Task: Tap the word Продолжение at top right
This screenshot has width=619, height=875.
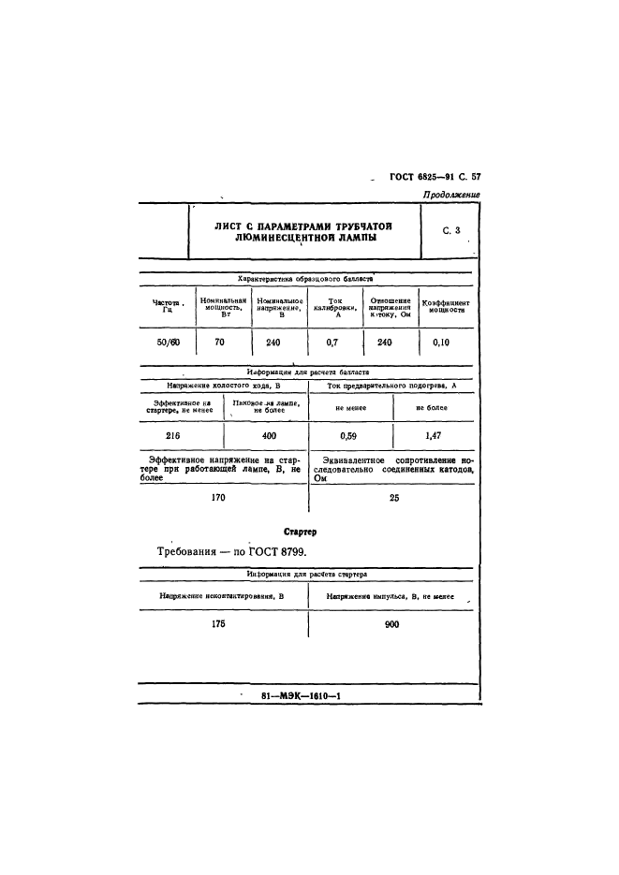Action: (x=450, y=195)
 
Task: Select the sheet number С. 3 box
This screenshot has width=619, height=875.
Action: (x=451, y=230)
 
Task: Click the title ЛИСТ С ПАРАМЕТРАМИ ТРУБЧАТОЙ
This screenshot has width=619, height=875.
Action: (x=302, y=226)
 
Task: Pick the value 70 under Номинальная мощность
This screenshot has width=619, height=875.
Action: (x=220, y=343)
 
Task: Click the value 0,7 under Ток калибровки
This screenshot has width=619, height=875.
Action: (x=332, y=343)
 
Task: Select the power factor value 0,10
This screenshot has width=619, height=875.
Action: (x=442, y=343)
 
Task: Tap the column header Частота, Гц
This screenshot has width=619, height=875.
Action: (x=168, y=306)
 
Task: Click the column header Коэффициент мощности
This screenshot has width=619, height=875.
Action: (x=446, y=306)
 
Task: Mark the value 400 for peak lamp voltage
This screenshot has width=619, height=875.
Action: (x=269, y=435)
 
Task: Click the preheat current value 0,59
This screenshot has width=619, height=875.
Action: (x=348, y=435)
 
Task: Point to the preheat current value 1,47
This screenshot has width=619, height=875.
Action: (x=434, y=435)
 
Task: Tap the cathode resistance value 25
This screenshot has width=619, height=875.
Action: (x=393, y=498)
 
